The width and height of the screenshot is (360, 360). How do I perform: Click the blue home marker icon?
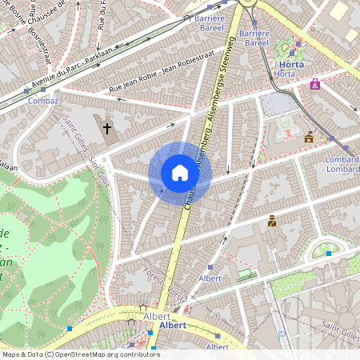180,173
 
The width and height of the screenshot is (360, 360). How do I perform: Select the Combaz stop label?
42,102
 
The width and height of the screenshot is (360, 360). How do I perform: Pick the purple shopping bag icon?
315,83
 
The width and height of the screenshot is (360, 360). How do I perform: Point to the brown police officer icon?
272,221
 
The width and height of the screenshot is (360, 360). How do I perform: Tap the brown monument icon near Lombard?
309,137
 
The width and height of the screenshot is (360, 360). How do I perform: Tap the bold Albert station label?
173,326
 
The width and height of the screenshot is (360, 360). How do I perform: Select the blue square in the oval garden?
328,254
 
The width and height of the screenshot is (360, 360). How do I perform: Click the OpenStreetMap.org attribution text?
80,354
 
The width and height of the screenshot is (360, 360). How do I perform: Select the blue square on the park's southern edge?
70,329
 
